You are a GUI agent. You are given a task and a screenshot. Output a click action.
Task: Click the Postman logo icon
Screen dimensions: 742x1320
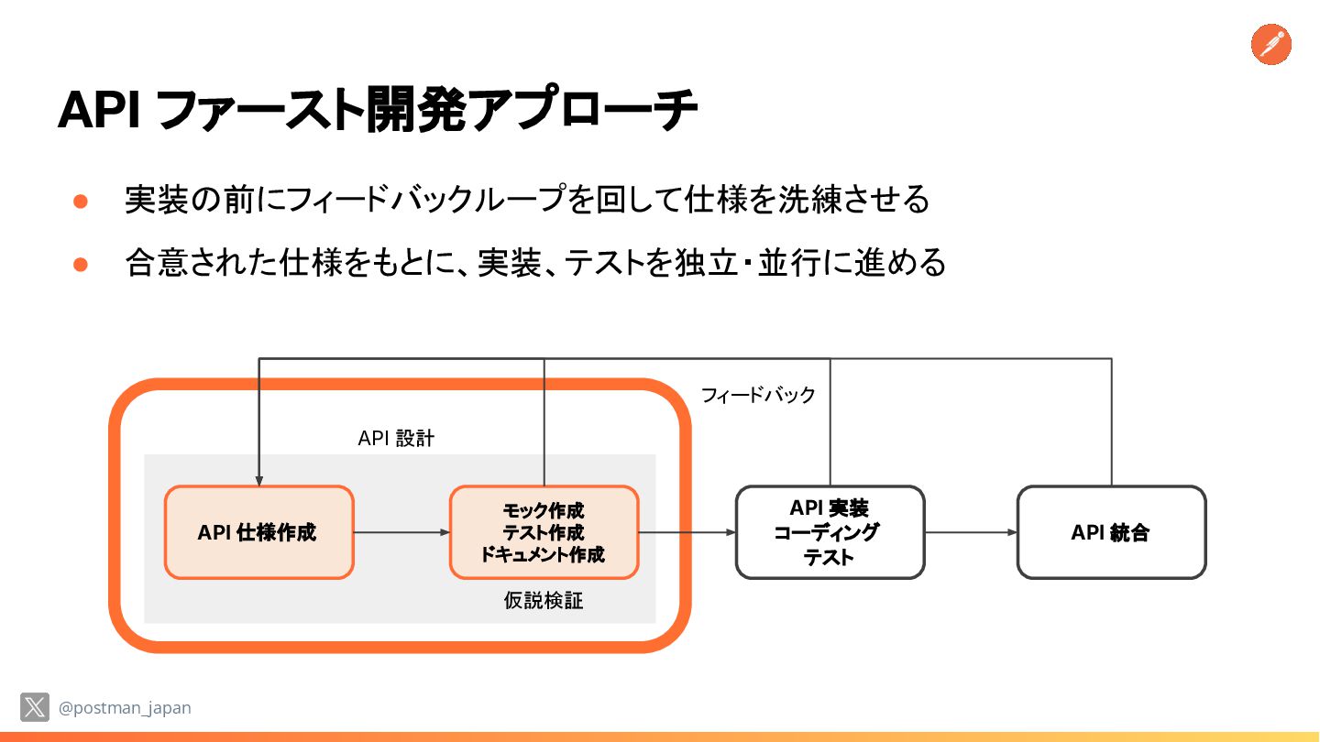[1270, 44]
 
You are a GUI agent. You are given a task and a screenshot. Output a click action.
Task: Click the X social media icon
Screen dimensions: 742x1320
[35, 707]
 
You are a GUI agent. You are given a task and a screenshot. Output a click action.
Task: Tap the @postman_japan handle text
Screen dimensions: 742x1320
[125, 708]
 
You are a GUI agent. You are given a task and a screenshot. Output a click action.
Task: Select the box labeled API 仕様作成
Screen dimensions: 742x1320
[258, 532]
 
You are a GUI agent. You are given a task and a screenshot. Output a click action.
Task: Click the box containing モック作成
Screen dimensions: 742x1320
[544, 532]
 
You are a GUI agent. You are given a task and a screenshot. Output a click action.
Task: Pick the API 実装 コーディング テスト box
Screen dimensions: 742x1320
[830, 532]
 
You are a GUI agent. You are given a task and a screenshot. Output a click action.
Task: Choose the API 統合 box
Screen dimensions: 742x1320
[1111, 532]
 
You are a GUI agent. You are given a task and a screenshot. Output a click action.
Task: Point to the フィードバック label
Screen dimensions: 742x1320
[758, 395]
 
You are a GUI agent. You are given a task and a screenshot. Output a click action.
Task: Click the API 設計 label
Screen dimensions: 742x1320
[396, 439]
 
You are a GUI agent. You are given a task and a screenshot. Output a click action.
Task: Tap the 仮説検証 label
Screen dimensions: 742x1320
[544, 601]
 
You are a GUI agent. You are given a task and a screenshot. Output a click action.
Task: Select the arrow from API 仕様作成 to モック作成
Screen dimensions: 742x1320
[401, 532]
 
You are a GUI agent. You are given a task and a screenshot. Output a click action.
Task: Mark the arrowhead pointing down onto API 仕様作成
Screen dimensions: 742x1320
[259, 479]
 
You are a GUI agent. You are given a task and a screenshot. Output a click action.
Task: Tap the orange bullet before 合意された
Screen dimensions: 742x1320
[80, 265]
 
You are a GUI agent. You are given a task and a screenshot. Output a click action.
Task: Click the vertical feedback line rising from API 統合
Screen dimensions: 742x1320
[1112, 421]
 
